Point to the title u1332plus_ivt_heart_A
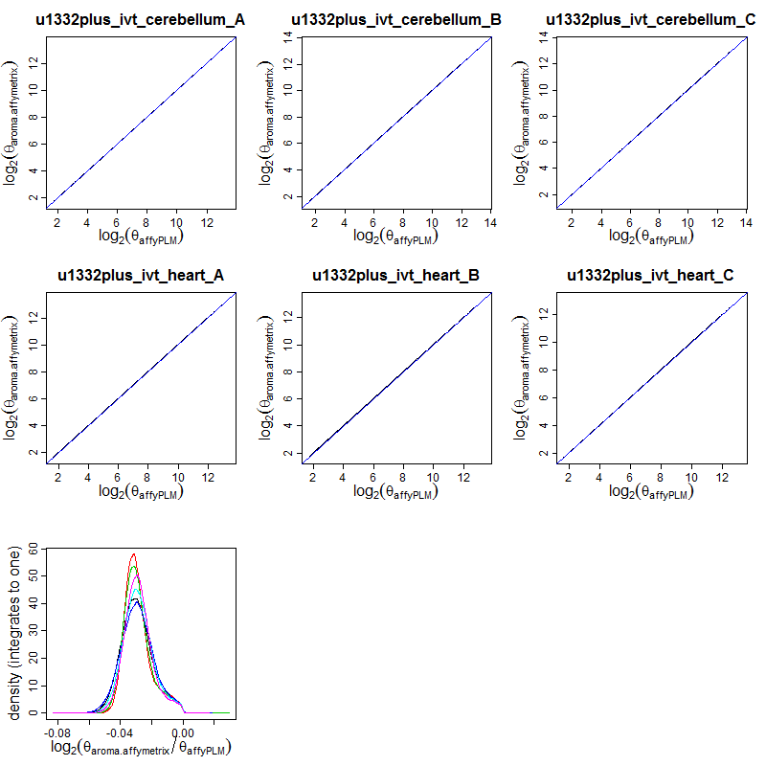pyautogui.click(x=141, y=276)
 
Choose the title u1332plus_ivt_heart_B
pyautogui.click(x=396, y=276)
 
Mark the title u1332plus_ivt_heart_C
pyautogui.click(x=651, y=276)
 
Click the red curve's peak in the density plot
pyautogui.click(x=134, y=553)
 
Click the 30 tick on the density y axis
pyautogui.click(x=34, y=631)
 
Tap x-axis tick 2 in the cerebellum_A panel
pyautogui.click(x=56, y=222)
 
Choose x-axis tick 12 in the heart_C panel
pyautogui.click(x=721, y=477)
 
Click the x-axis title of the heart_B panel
pyautogui.click(x=396, y=492)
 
